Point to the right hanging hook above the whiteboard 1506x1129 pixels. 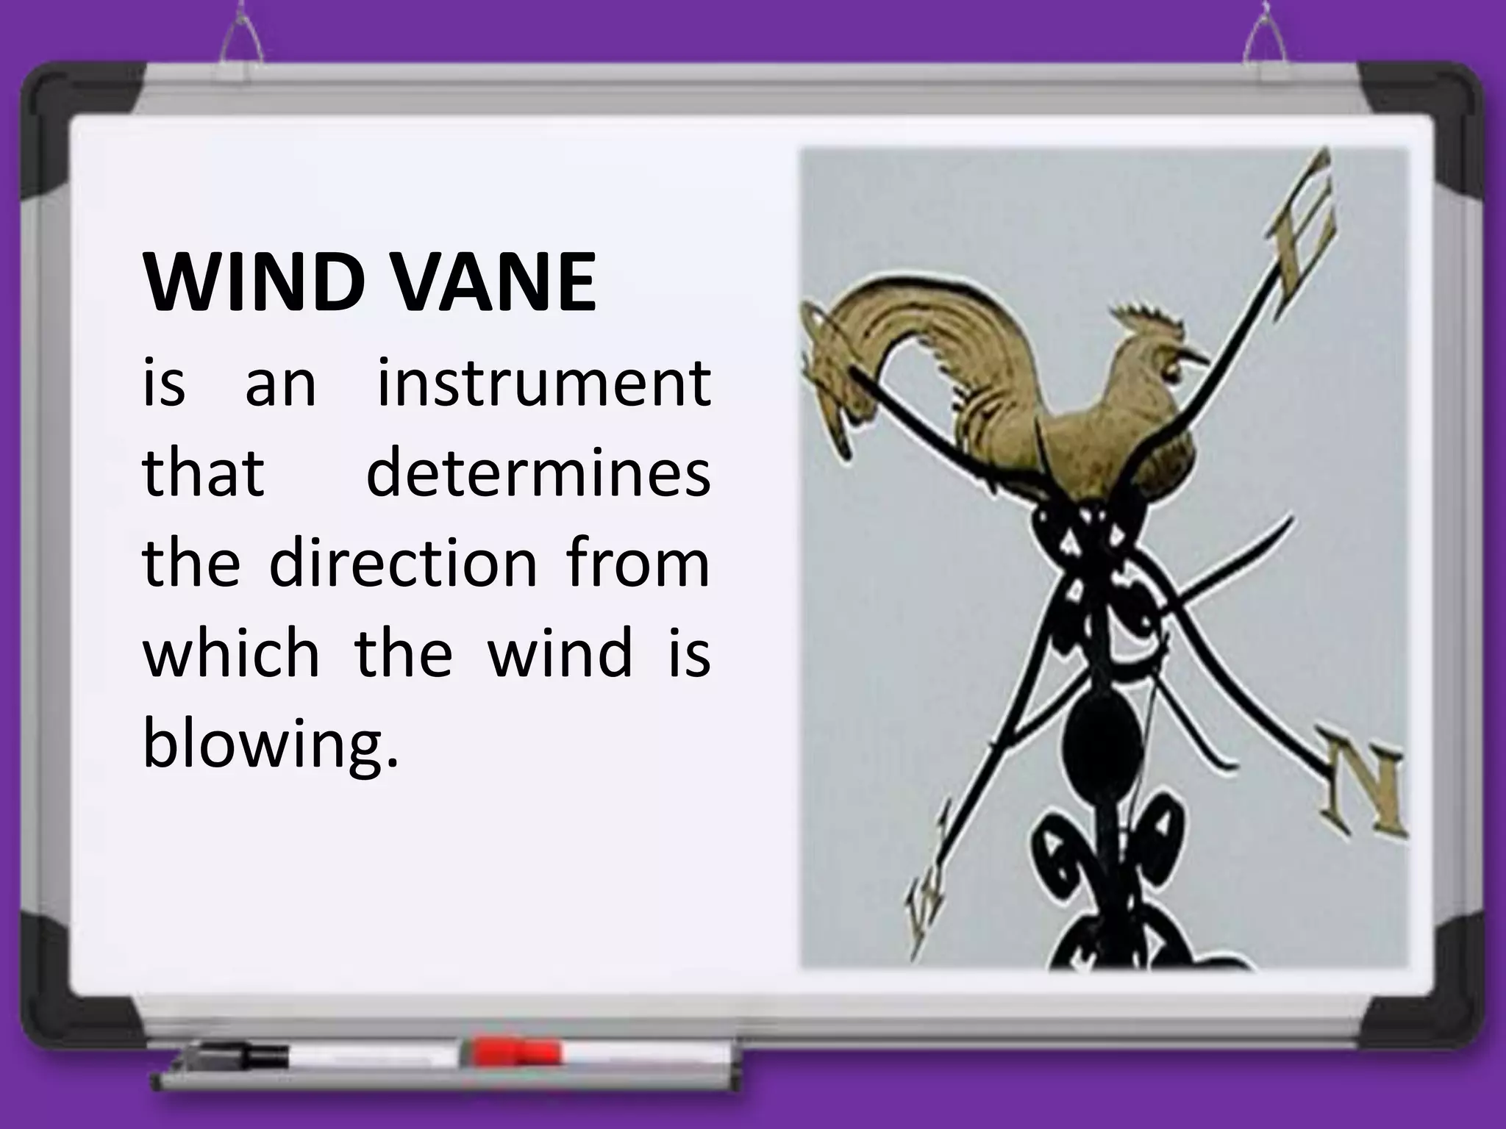(x=1265, y=37)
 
